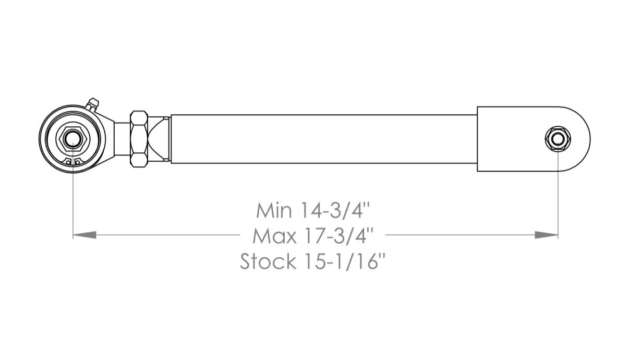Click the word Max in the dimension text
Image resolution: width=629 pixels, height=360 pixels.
(x=274, y=236)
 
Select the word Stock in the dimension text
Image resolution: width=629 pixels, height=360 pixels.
(x=268, y=261)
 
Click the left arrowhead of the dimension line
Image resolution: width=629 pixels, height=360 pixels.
(x=84, y=235)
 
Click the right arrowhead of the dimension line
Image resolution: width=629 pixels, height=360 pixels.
(x=546, y=235)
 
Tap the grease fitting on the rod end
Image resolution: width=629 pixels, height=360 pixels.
(x=92, y=105)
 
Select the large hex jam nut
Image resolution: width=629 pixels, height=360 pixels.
(x=139, y=139)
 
